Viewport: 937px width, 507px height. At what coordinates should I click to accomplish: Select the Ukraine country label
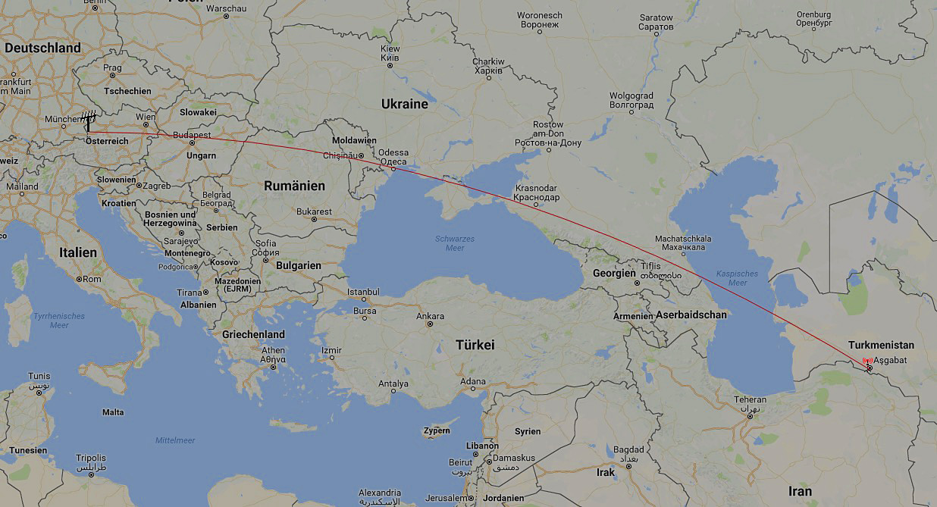[x=404, y=104]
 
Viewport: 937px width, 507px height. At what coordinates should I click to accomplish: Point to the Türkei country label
[x=475, y=345]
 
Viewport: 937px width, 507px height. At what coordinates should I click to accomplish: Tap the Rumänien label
[x=294, y=186]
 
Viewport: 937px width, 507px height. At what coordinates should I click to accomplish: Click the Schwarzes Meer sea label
[x=455, y=243]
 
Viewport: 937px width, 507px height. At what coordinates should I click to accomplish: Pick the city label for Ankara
[x=431, y=315]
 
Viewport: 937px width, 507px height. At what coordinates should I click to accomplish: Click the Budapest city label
[x=192, y=135]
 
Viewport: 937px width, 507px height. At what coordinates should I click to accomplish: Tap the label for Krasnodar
[x=536, y=192]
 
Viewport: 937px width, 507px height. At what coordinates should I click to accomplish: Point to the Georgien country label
[x=614, y=273]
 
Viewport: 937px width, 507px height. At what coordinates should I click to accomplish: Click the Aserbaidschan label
[x=691, y=315]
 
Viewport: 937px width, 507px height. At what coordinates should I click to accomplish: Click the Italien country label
[x=78, y=252]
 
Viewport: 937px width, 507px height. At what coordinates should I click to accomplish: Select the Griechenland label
[x=253, y=334]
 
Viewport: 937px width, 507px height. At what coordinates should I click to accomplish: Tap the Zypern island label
[x=437, y=430]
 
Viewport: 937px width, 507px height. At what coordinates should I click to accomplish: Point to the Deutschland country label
[x=42, y=48]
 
